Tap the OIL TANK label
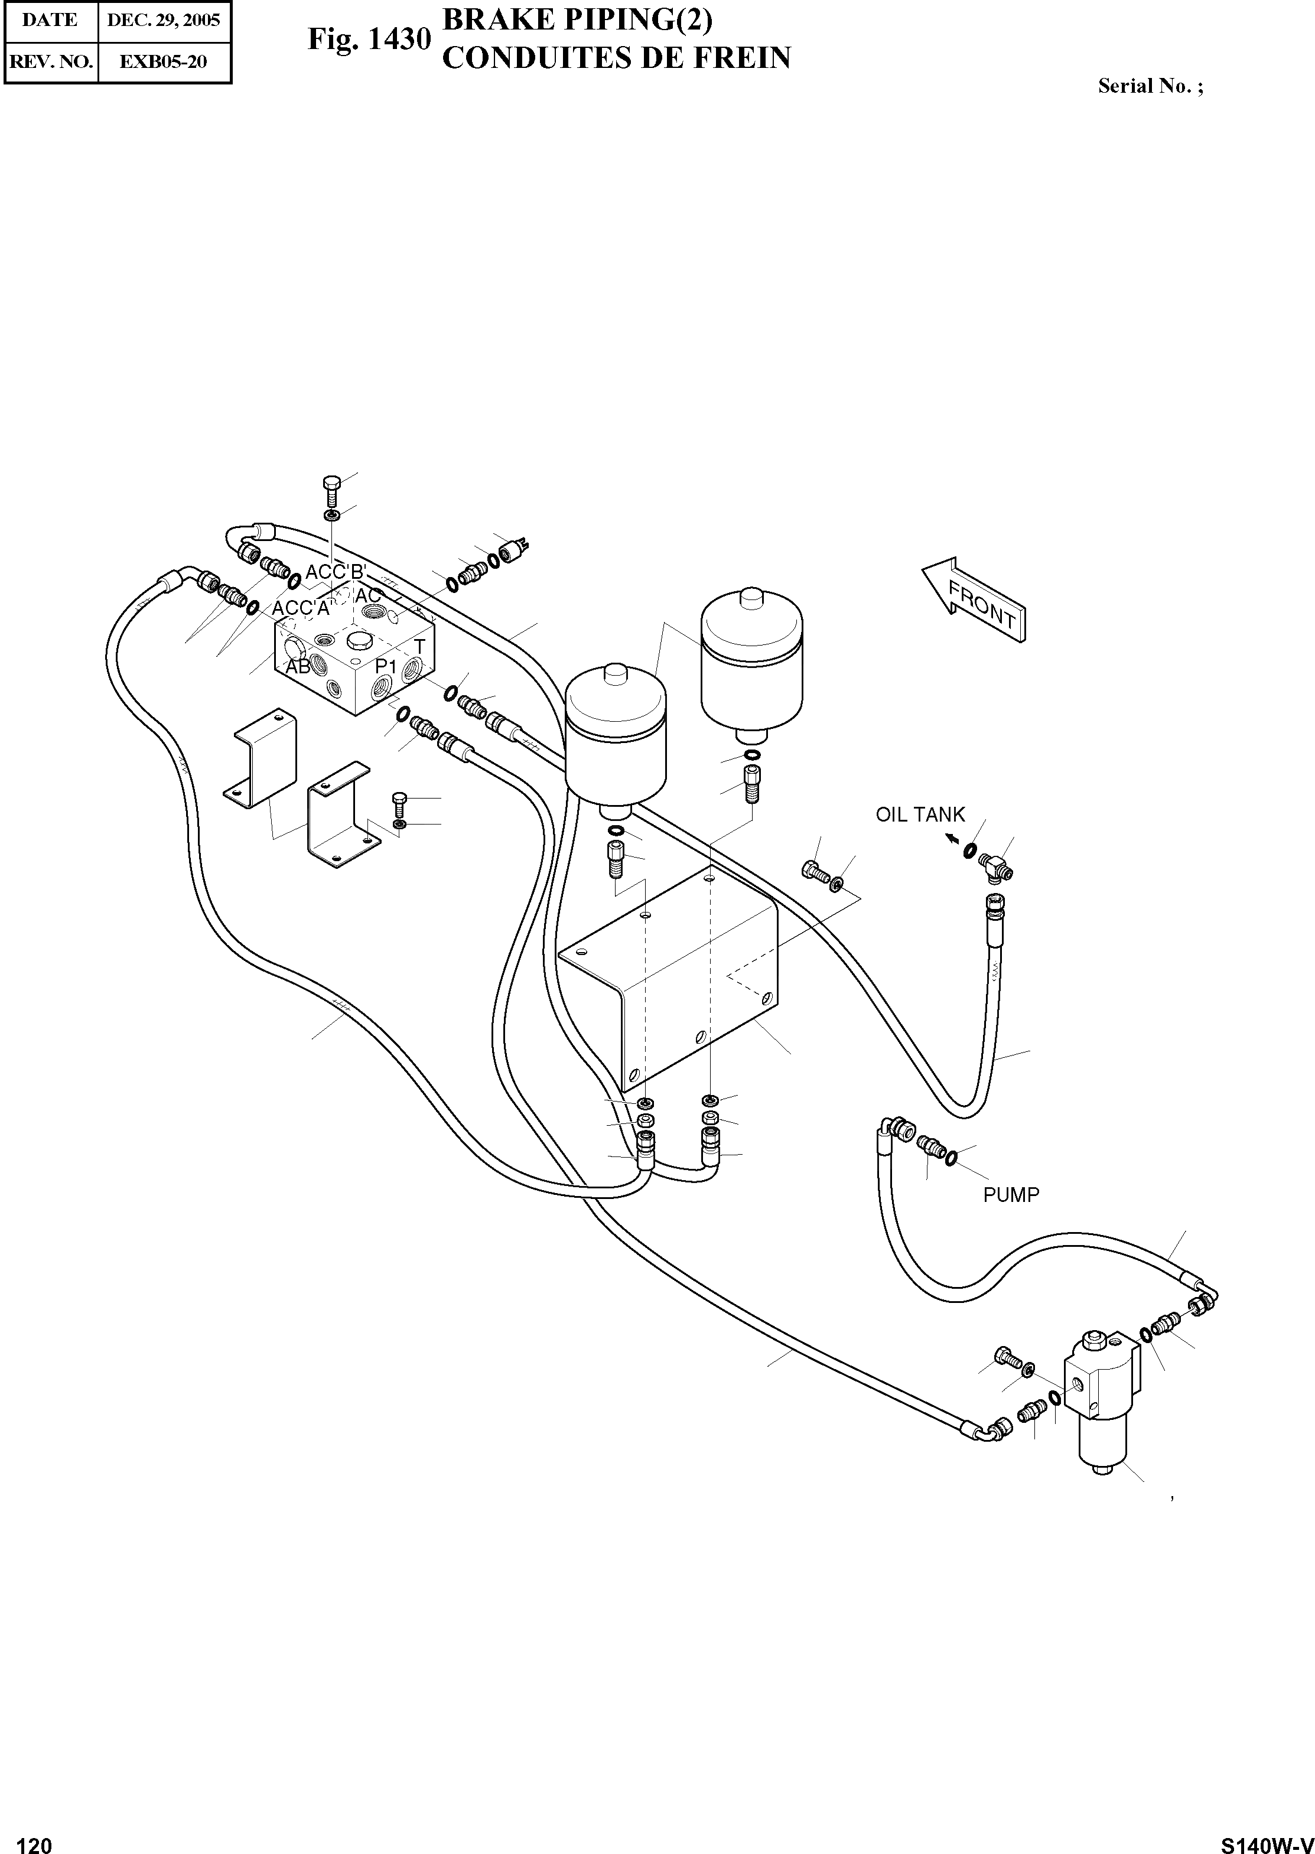tap(920, 814)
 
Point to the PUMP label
tap(1011, 1194)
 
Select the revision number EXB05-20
tap(164, 61)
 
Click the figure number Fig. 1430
tap(369, 39)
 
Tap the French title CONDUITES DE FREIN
tap(616, 58)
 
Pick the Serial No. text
tap(1150, 86)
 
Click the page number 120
tap(34, 1839)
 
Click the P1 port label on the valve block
tap(385, 664)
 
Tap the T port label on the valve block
tap(419, 646)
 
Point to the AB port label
tap(298, 667)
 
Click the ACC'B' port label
tap(336, 572)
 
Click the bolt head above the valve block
tap(331, 484)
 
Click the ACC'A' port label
tap(301, 608)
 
